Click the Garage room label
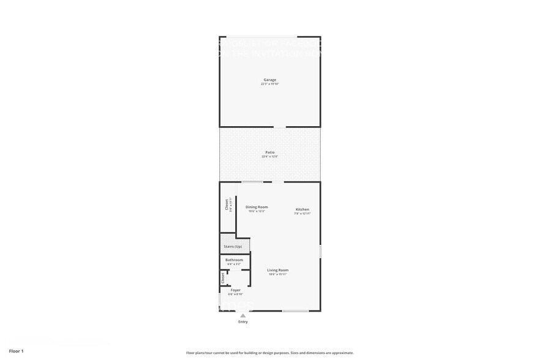270,80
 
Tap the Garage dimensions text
270,84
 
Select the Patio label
270,152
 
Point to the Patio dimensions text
270,157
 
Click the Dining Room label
257,207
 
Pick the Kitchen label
302,209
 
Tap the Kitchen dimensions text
302,214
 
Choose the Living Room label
278,270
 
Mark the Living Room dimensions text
278,274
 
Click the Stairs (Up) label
233,246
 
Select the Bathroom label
234,260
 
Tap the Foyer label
235,290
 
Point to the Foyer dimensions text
235,294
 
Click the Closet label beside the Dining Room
227,204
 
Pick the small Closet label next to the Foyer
223,278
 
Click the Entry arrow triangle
243,315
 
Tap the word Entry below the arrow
243,321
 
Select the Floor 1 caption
16,351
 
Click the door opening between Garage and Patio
279,127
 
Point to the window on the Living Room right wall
320,250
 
